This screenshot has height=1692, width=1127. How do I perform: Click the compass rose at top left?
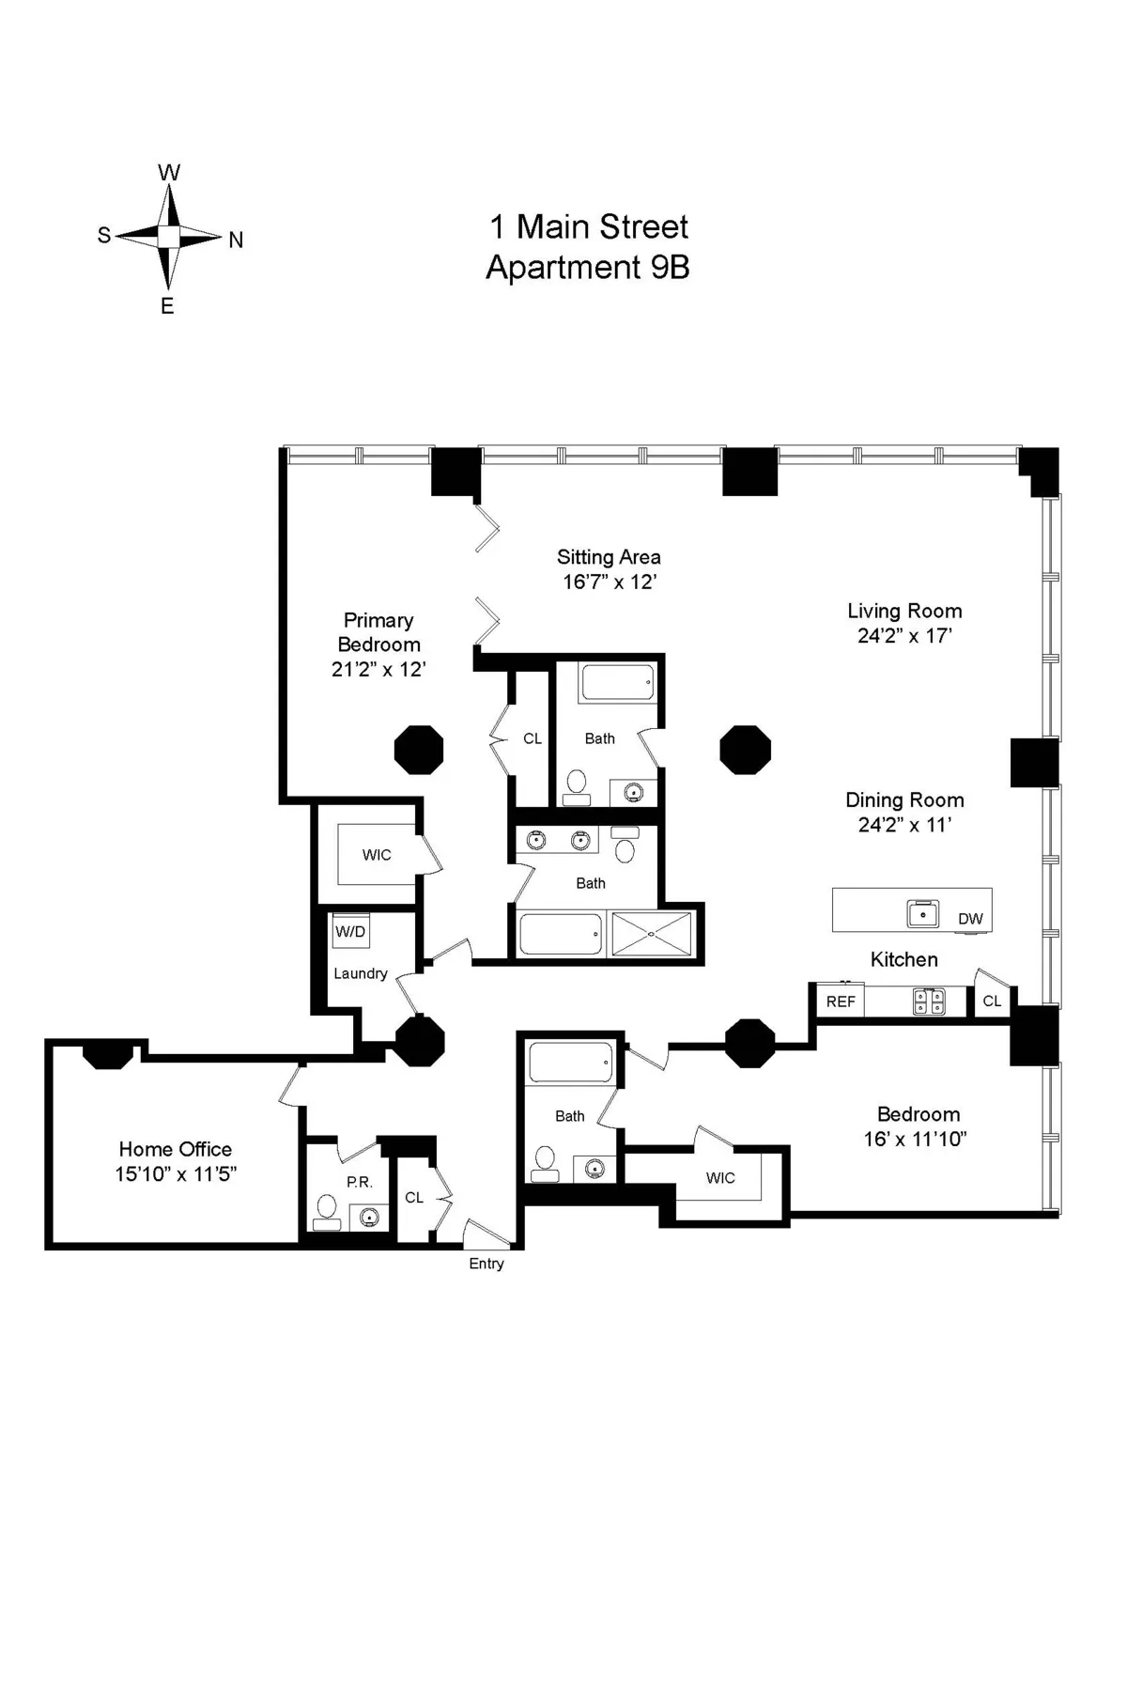click(x=168, y=236)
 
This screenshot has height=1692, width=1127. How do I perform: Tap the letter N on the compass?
click(x=236, y=241)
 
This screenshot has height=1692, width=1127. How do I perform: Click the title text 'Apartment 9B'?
click(x=587, y=268)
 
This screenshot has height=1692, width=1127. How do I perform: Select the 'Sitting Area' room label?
click(x=609, y=557)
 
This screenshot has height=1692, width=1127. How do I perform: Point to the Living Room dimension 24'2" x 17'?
click(x=904, y=636)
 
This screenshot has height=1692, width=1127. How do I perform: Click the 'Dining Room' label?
click(x=904, y=800)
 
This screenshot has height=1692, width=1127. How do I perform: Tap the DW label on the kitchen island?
click(x=970, y=919)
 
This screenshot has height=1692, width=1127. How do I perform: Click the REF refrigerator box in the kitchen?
click(x=841, y=1001)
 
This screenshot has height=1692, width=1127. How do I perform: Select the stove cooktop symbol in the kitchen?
click(x=929, y=1001)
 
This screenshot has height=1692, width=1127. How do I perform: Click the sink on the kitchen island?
click(x=923, y=913)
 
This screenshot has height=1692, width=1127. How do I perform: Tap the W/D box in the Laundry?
click(x=350, y=932)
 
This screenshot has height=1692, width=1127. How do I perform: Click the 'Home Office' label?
click(x=175, y=1149)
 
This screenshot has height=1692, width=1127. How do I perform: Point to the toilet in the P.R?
click(x=327, y=1211)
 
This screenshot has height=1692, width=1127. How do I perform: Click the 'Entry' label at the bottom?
click(x=486, y=1264)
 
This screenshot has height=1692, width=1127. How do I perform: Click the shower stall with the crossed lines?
click(x=651, y=934)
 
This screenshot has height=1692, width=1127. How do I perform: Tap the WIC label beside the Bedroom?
click(x=720, y=1178)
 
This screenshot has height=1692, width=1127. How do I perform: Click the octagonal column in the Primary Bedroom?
click(x=419, y=750)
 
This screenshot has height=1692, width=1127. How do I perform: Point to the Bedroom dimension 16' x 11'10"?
click(x=916, y=1140)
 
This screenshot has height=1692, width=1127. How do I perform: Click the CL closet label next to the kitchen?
click(x=992, y=1001)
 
